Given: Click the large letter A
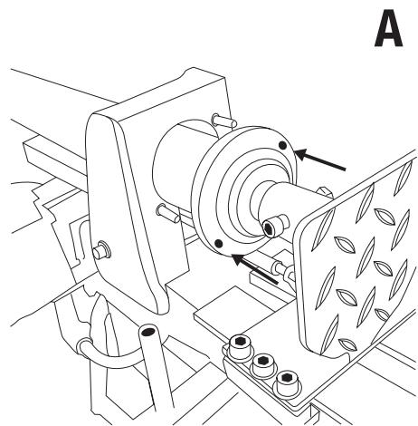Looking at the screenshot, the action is click(388, 28).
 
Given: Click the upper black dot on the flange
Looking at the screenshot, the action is click(282, 146).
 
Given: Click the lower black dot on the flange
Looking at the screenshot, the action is click(218, 243).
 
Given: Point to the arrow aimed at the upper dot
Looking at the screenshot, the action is click(319, 160).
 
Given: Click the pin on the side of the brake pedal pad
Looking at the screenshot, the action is click(101, 249).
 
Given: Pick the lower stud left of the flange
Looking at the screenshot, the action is click(168, 212).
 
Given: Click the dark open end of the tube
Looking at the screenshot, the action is click(147, 332).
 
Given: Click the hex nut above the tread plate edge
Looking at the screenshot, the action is click(325, 193).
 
